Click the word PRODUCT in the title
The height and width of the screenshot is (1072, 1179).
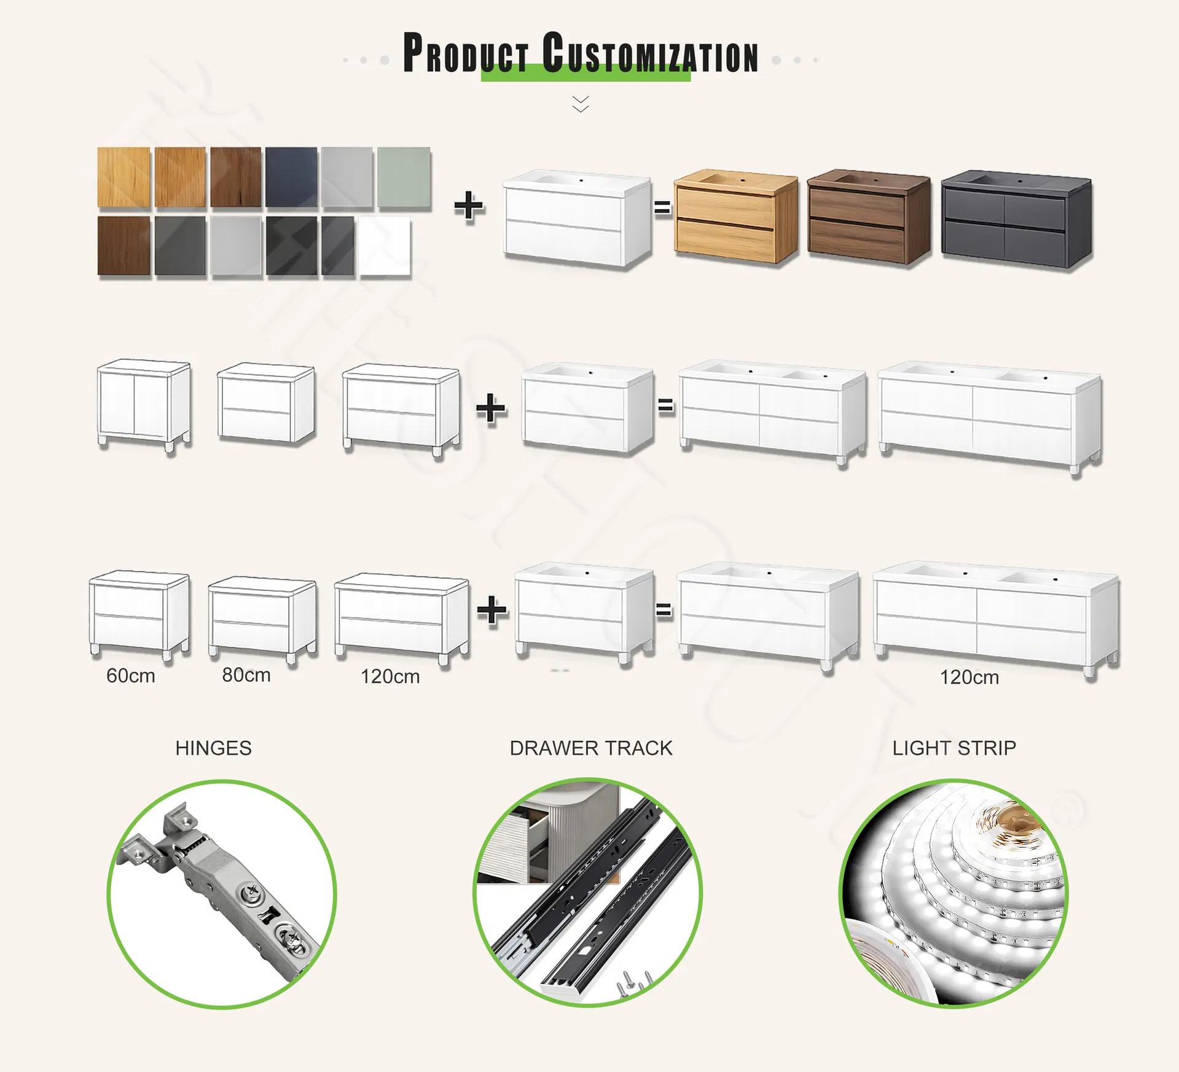pos(466,54)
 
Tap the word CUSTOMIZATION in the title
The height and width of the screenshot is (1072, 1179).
pos(651,54)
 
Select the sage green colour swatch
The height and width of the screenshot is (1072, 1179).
pos(404,177)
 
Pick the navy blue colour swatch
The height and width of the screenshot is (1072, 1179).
pos(291,177)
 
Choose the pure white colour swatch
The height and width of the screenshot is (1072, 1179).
pos(385,245)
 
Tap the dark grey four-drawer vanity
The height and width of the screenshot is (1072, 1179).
pos(1016,219)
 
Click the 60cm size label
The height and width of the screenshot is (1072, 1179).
pos(131,676)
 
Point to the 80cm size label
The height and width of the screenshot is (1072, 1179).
pos(246,675)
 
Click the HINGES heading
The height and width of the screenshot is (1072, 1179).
pos(213,748)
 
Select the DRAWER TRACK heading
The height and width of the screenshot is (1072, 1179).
pos(591,748)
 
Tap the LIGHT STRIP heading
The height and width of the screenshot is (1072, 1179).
pos(954,748)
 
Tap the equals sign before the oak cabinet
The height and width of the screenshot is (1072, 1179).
pos(662,208)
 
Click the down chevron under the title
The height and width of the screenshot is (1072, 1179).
pos(581,104)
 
